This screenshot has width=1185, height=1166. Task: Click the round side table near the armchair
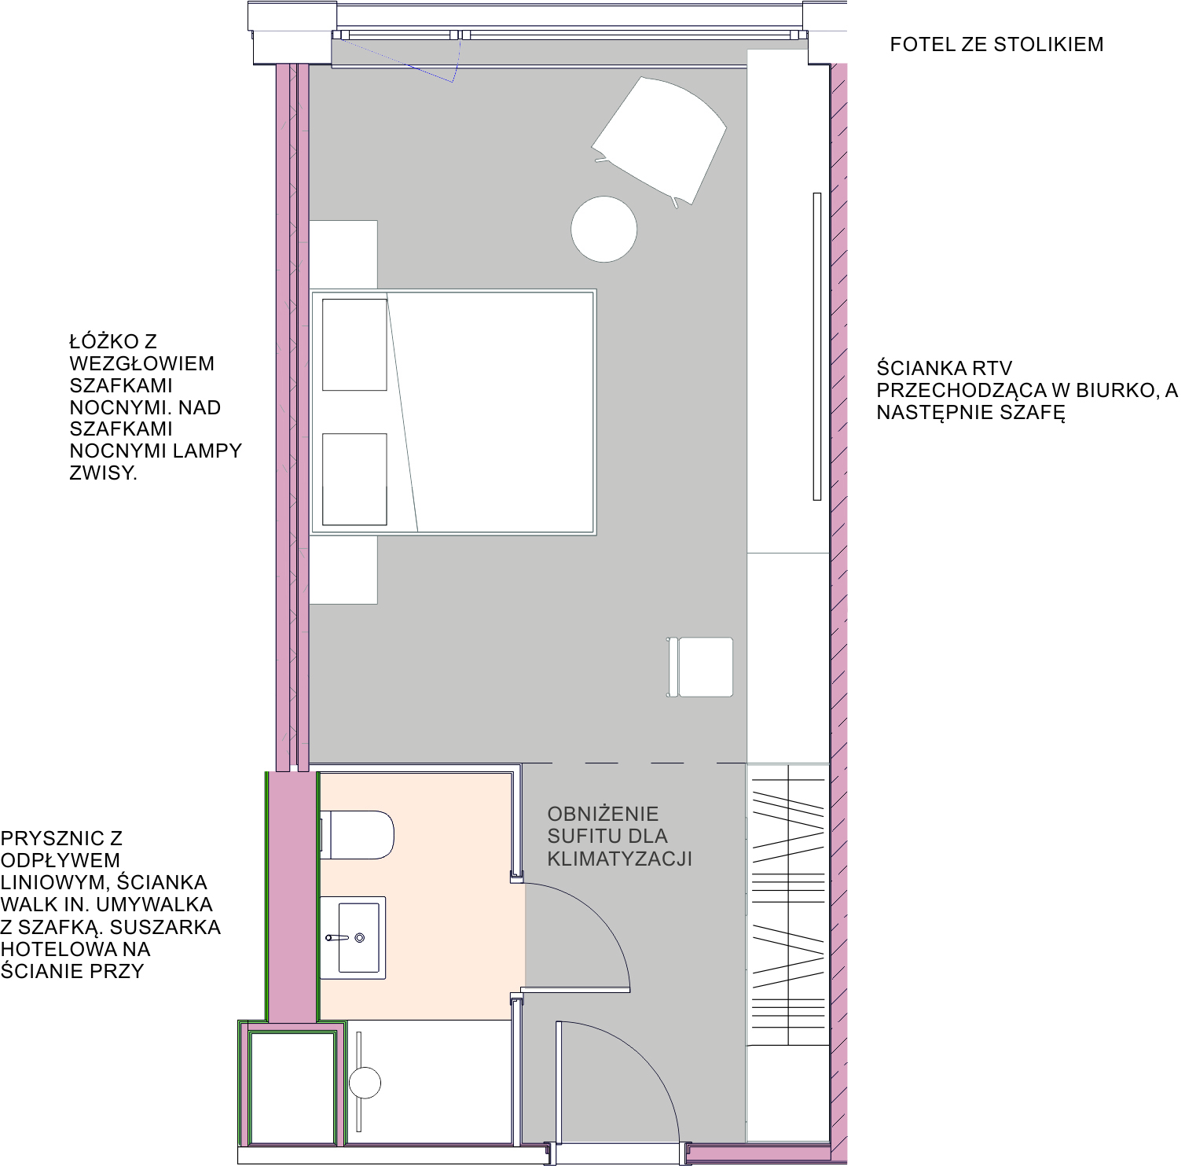point(604,229)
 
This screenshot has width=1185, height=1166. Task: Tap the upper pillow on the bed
point(354,344)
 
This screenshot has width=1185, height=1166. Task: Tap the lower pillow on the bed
point(354,479)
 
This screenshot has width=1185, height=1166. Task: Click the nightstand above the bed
point(343,255)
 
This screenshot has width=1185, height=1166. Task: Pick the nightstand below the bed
point(343,570)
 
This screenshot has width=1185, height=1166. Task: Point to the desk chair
point(700,667)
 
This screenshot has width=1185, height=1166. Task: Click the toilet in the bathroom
point(357,835)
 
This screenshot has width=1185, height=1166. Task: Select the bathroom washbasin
point(353,937)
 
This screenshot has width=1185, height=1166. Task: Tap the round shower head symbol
point(365,1083)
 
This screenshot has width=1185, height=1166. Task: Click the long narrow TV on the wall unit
point(817,346)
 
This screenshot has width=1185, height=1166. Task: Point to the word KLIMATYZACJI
point(620,859)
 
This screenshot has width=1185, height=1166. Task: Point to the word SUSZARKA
point(166,927)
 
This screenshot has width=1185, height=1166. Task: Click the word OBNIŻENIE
point(603,814)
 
